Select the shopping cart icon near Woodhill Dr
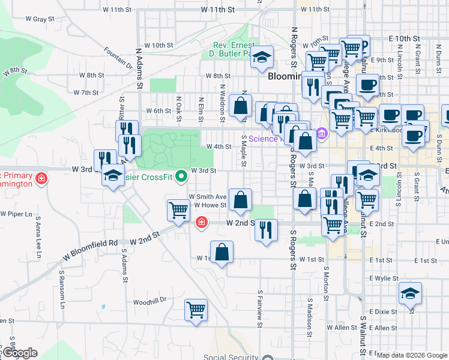coord(196,310)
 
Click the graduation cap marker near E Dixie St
coord(411,293)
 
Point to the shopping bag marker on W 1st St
coord(222,252)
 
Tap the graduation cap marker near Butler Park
coord(261,58)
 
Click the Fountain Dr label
coord(117,58)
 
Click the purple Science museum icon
coord(322,133)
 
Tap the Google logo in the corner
coord(20,353)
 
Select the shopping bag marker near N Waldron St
coord(240,106)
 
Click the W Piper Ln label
coord(16,214)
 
